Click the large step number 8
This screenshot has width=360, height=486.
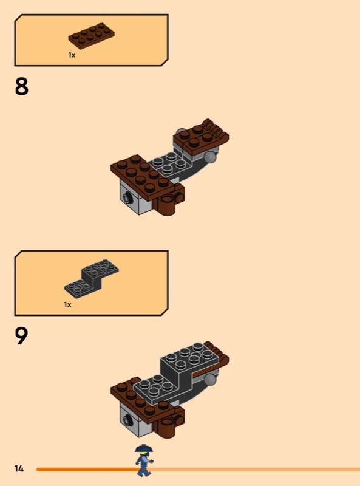(21, 86)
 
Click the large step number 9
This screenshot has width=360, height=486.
(21, 336)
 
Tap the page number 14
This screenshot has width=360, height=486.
(19, 468)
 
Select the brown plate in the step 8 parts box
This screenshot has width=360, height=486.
(92, 36)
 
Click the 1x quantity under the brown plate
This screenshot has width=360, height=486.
(72, 55)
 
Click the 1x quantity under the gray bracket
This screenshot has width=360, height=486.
(67, 305)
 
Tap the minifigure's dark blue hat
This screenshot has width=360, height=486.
(144, 449)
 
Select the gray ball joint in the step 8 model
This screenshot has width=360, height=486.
(211, 157)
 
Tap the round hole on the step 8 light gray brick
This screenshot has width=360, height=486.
(127, 196)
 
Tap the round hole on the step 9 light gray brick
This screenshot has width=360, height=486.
(127, 420)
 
